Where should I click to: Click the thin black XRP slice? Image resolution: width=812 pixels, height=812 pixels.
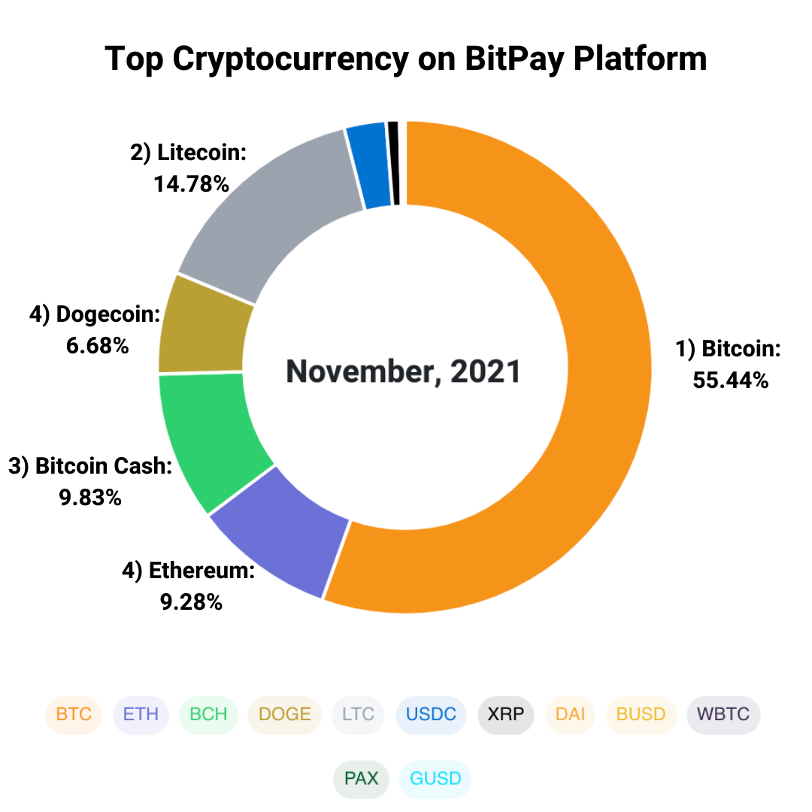tap(393, 162)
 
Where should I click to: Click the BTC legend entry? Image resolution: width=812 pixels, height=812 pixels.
tap(74, 714)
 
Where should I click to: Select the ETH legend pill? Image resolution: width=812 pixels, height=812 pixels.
tap(141, 714)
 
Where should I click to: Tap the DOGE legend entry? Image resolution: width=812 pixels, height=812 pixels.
tap(284, 714)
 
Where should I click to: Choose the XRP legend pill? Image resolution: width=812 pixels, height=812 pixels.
tap(505, 714)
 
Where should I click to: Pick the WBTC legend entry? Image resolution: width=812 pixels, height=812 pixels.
tap(723, 714)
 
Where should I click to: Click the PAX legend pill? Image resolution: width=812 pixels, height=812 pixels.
tap(362, 778)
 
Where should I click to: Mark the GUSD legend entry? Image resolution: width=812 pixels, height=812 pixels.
tap(435, 778)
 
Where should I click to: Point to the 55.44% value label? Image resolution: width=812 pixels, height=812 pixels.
tap(730, 380)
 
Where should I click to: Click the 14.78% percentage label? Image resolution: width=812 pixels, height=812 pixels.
tap(191, 184)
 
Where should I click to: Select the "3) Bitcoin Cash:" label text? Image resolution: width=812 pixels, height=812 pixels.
tap(90, 466)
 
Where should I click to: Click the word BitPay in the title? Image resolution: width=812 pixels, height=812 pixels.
tap(511, 59)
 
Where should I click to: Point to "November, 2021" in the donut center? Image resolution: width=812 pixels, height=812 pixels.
tap(404, 371)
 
